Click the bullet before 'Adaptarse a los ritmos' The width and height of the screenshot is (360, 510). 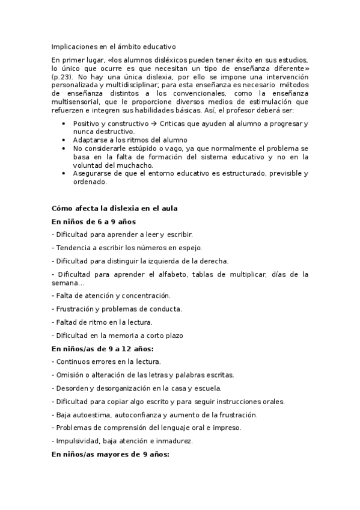64,140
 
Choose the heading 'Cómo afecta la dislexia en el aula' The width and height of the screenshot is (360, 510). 114,208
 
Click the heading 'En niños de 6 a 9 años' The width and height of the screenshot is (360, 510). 93,221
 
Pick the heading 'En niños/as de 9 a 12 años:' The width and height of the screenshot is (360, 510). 102,348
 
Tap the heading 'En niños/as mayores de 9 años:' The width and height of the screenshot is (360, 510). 111,455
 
